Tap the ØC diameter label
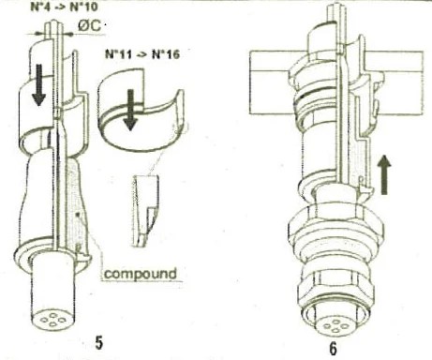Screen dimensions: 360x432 click(78, 26)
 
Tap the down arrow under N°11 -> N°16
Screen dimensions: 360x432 click(130, 110)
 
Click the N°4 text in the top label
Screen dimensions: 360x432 click(42, 7)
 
